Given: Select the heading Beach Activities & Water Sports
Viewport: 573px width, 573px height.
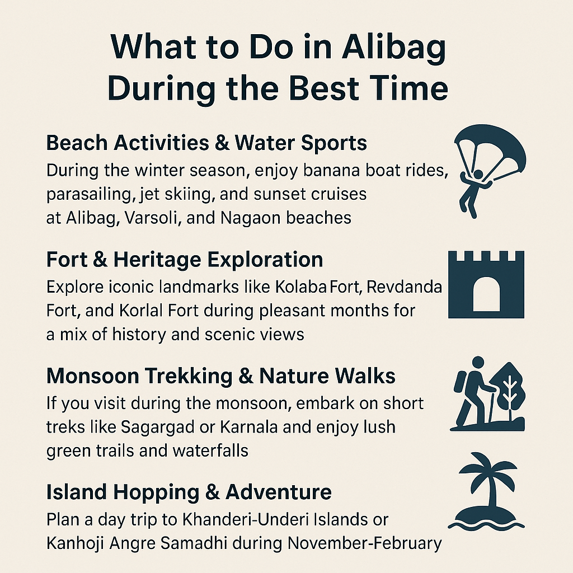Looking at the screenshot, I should point(206,143).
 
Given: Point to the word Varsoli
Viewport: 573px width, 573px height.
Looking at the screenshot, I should point(165,217).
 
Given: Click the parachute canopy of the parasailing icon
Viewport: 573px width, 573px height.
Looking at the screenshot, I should point(490,151).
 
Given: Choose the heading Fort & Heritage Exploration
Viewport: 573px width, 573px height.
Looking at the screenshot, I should point(185,260).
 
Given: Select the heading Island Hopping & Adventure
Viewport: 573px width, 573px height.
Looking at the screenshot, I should point(189,492).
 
